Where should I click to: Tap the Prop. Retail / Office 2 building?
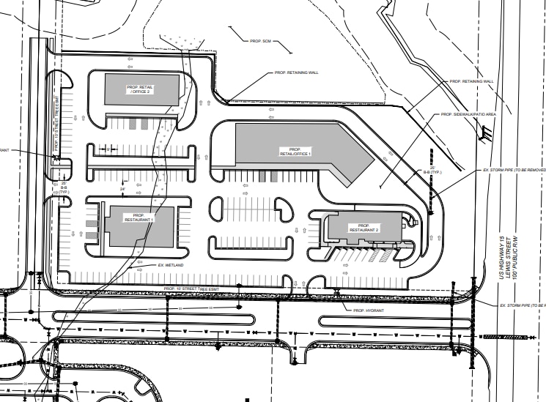point(140,89)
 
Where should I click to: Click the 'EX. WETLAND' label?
point(170,264)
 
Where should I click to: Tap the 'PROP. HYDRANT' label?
point(369,311)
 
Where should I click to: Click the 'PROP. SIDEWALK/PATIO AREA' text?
point(469,115)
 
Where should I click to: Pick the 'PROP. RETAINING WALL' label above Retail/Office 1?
point(295,73)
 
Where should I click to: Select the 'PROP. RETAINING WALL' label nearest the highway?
point(471,81)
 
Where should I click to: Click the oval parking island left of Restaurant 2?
point(283,209)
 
